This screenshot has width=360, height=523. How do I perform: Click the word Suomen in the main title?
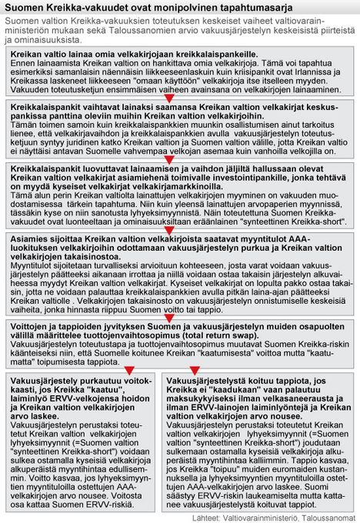coord(25,8)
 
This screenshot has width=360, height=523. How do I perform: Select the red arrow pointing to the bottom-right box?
coord(195,371)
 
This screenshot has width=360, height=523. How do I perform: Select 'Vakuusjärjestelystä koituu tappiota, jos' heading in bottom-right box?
coord(246,381)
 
